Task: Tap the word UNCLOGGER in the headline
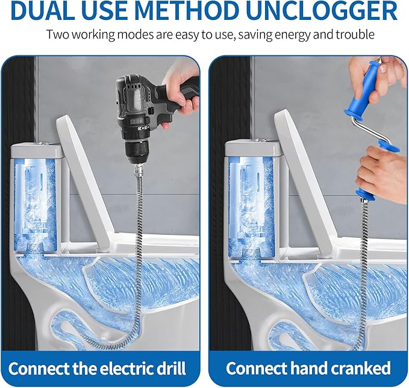(322, 10)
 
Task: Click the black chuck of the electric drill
(136, 150)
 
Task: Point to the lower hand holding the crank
(382, 170)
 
